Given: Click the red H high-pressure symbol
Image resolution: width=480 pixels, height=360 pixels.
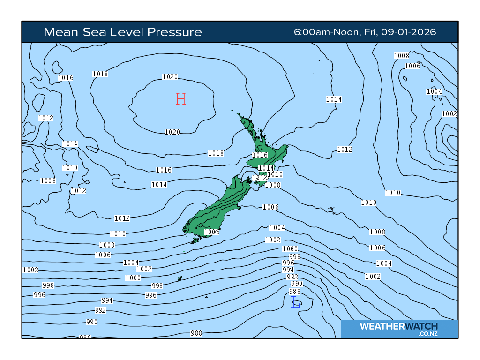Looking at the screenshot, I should click(x=181, y=98).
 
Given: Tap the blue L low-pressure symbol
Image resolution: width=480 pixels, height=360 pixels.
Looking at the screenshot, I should click(x=296, y=302).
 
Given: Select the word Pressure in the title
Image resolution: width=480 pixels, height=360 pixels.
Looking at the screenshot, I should click(x=174, y=32).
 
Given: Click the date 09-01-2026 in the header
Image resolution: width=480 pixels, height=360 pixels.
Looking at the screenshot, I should click(x=408, y=32).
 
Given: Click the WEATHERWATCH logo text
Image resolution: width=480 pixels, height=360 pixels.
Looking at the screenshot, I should click(x=399, y=326).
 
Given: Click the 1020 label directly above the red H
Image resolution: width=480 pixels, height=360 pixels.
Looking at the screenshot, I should click(x=170, y=77).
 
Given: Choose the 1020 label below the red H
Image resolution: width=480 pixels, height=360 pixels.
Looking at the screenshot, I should click(x=172, y=132).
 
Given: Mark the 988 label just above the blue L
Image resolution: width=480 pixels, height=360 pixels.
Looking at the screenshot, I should click(x=295, y=292).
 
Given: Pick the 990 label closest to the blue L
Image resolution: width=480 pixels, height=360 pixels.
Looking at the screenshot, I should click(x=297, y=284).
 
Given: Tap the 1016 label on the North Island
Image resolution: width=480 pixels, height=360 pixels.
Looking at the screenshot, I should click(x=260, y=155).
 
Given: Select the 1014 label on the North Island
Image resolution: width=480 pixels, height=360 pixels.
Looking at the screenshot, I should click(x=266, y=168).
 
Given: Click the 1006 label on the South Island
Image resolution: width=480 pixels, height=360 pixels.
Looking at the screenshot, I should click(x=212, y=232).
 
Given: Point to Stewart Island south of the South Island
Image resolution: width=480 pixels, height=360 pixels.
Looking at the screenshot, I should click(x=195, y=241).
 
